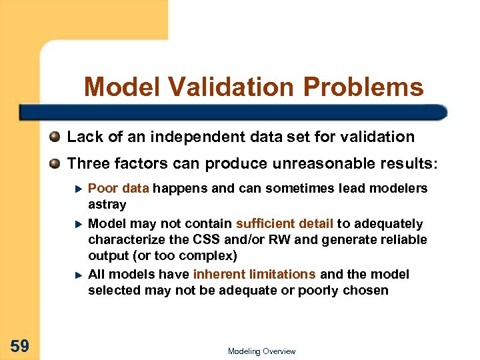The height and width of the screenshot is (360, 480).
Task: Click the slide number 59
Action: click(19, 345)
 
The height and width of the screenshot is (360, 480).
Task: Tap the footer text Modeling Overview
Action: click(261, 351)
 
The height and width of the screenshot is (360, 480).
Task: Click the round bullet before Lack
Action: click(55, 137)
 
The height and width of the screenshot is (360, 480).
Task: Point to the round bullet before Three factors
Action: click(55, 163)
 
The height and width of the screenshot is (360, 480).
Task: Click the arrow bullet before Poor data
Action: click(77, 189)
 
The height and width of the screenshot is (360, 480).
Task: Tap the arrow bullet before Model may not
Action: click(77, 224)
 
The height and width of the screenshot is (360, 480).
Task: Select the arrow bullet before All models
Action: click(77, 275)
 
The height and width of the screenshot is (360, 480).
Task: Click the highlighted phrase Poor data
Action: click(118, 189)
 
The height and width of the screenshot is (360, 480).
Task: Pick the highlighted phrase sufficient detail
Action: click(285, 224)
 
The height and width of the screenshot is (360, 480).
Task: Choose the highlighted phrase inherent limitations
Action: click(255, 275)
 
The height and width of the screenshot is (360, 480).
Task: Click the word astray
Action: click(107, 205)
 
